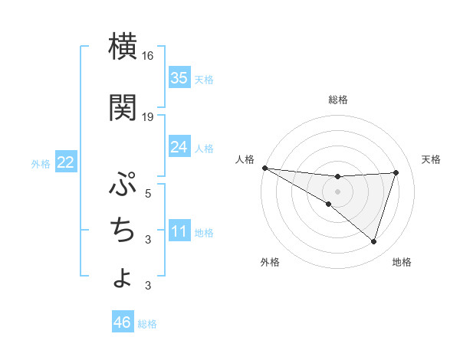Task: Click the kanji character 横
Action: tap(123, 47)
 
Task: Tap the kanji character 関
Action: tap(123, 108)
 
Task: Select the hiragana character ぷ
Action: tap(123, 185)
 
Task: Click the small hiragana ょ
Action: tap(123, 277)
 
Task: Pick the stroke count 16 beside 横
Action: tap(148, 56)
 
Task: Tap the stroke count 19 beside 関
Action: tap(148, 117)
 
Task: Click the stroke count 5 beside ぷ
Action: tap(148, 194)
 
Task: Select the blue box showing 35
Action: tap(179, 78)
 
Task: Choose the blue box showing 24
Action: tap(179, 147)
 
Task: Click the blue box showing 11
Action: tap(179, 232)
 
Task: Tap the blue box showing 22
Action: tap(66, 162)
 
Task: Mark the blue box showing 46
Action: tap(123, 322)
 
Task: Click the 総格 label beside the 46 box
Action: tap(147, 324)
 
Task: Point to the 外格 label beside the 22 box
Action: tap(41, 163)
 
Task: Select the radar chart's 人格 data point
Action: tap(264, 167)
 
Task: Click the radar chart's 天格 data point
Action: tap(396, 172)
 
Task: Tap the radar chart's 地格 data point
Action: tap(373, 241)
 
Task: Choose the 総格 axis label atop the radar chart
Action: tap(338, 100)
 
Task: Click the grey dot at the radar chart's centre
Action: tap(337, 191)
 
